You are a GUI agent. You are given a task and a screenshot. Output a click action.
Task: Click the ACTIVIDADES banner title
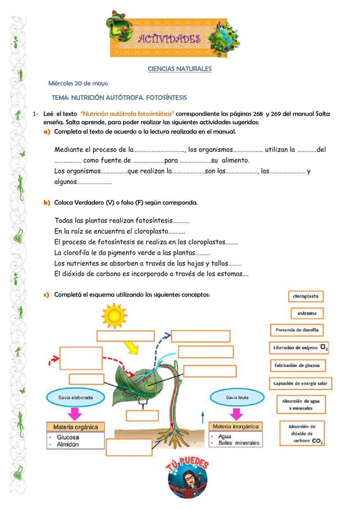click(169, 39)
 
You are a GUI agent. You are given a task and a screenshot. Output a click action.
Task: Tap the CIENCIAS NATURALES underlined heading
click(180, 69)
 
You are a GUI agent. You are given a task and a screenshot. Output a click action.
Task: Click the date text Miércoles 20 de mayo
click(78, 83)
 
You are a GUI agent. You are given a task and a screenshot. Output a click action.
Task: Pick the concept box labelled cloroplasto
click(306, 296)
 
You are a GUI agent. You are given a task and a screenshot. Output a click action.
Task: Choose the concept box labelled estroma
click(307, 313)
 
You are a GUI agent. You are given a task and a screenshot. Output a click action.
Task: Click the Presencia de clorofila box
click(297, 330)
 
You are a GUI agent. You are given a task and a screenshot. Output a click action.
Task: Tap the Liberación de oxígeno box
click(299, 348)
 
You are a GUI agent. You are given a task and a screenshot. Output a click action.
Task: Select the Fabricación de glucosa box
click(297, 365)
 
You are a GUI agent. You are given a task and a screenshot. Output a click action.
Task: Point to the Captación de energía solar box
click(300, 383)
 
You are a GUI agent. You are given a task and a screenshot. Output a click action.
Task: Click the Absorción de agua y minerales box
click(301, 405)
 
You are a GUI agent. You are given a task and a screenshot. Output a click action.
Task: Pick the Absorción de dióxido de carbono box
click(302, 433)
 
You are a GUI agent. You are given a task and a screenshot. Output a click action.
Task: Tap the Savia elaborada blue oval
click(76, 398)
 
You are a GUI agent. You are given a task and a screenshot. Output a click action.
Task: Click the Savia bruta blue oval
click(237, 398)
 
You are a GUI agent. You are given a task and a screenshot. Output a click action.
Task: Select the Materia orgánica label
click(76, 427)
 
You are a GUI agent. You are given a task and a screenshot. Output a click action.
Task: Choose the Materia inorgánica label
click(235, 427)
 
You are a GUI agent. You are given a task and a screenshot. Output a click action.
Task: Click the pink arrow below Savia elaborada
click(75, 413)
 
